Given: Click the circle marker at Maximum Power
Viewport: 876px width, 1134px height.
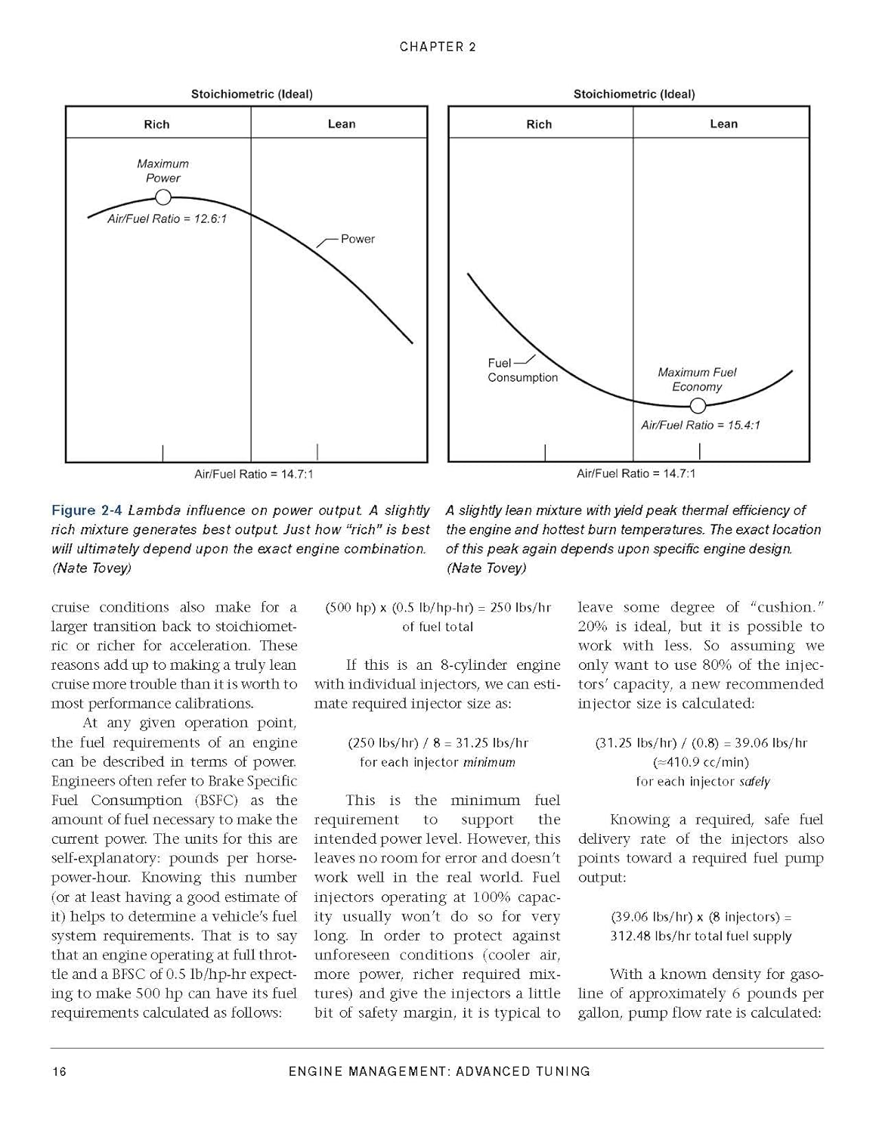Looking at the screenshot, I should [x=163, y=197].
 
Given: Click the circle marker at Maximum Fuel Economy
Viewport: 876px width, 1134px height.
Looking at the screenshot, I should [x=698, y=406].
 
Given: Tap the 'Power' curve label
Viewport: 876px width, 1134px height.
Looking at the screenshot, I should [x=358, y=239].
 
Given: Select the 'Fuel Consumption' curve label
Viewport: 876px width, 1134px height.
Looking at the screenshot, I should [x=522, y=370].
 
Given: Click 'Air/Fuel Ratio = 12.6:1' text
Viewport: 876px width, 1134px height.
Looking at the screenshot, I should [x=166, y=218].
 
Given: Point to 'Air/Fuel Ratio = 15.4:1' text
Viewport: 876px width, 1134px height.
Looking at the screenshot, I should [x=700, y=425].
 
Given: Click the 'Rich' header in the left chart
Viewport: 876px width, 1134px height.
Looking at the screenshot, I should [x=156, y=124].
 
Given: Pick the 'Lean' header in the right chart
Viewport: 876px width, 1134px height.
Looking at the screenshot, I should [x=723, y=124].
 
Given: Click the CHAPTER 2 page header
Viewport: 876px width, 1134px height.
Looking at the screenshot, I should [x=438, y=47].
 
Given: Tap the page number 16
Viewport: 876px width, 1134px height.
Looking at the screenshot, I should [x=59, y=1071].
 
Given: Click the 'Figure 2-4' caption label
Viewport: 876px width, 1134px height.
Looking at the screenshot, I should [x=85, y=510].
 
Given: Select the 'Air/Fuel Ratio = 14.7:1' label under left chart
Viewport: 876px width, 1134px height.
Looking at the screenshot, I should [x=253, y=474].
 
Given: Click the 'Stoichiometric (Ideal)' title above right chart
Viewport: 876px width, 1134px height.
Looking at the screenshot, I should [x=633, y=94].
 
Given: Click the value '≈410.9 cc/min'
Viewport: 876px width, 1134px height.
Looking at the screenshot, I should [x=701, y=762].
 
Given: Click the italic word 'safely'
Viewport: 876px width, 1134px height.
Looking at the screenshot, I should [x=754, y=782].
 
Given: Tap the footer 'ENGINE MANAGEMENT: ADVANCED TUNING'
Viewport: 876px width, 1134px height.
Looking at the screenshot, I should [x=439, y=1071].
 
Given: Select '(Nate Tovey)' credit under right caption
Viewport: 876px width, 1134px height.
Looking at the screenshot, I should [x=485, y=568].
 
